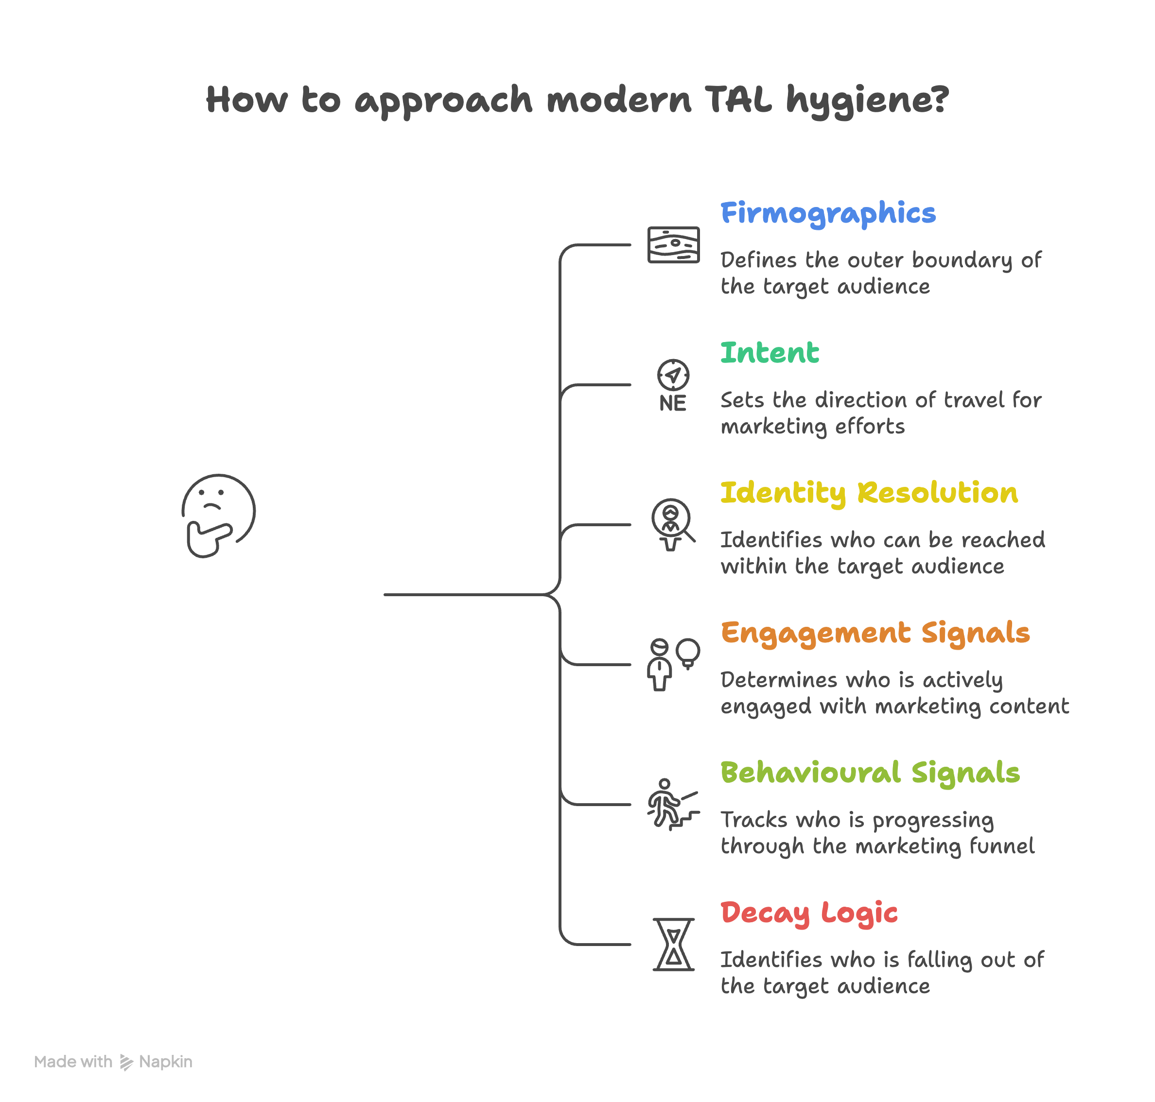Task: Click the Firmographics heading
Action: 827,213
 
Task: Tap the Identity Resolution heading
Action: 868,492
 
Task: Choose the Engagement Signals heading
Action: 875,633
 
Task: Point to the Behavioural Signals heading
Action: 869,773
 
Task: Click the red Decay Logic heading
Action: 808,913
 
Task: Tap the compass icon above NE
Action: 673,375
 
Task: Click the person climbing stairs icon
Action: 672,804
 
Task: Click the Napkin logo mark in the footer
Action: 126,1062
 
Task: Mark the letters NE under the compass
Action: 672,404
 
